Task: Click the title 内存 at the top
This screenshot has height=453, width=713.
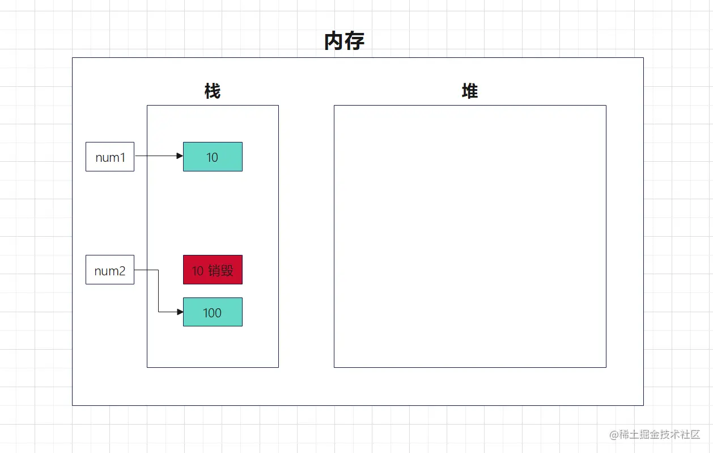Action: coord(344,41)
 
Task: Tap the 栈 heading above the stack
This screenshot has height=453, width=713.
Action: coord(213,91)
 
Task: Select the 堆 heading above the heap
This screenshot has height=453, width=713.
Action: coord(470,91)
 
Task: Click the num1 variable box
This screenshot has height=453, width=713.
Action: coord(110,157)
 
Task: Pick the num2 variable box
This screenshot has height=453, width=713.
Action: coord(110,270)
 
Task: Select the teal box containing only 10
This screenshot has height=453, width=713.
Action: coord(213,157)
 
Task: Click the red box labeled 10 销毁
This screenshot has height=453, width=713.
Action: coord(213,270)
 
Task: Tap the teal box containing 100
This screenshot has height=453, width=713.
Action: coord(213,312)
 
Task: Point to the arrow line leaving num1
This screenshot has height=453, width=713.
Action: coord(156,156)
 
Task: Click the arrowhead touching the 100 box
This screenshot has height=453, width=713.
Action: coord(180,312)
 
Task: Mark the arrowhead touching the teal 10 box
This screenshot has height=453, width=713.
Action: coord(180,156)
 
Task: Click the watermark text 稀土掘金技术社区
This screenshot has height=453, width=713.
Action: coord(660,435)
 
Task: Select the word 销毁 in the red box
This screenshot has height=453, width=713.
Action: coord(220,271)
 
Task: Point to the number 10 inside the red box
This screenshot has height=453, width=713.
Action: coord(197,271)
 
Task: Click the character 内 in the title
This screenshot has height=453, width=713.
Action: coord(334,41)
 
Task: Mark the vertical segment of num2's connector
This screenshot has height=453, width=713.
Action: coord(158,291)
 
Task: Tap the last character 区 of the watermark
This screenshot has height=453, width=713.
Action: coord(695,435)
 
